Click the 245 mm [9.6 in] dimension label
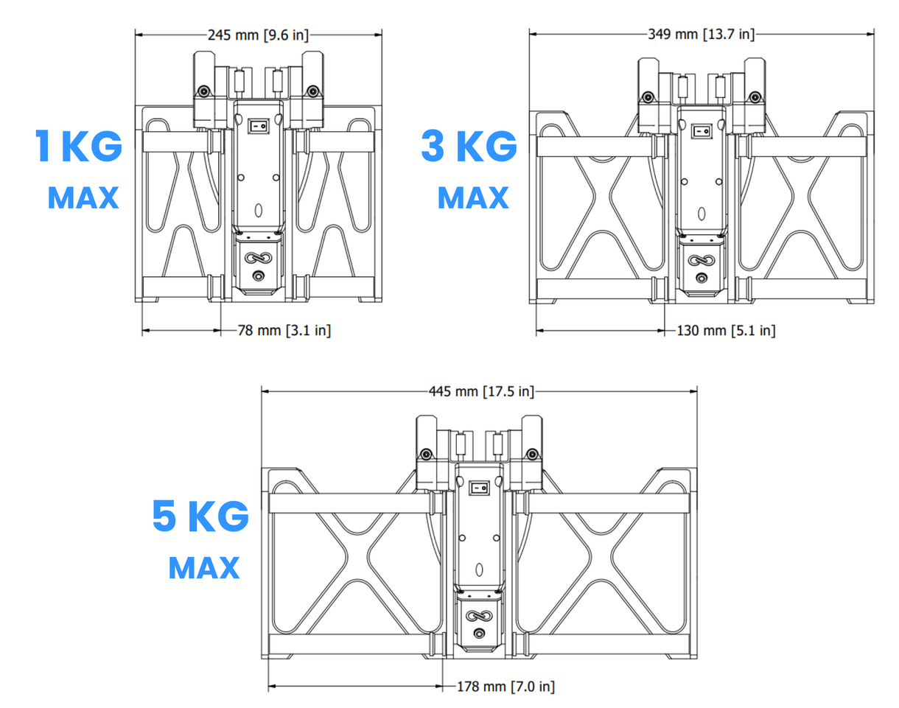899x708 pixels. click(258, 35)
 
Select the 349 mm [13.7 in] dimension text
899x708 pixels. click(701, 34)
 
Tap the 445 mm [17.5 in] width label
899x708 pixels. click(481, 391)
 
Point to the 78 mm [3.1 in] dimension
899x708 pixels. click(284, 330)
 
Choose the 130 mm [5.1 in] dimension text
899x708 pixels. click(726, 330)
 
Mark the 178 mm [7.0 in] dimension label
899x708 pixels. click(506, 687)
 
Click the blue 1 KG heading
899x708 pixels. click(79, 146)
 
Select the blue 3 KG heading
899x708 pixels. click(469, 146)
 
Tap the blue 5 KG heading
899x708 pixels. click(200, 516)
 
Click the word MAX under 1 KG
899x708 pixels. click(83, 197)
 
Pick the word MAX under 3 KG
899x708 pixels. click(473, 197)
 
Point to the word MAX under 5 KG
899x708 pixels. click(204, 568)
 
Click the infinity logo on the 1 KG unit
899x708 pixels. click(258, 258)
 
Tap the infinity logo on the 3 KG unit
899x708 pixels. click(702, 261)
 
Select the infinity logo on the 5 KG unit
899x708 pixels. click(479, 616)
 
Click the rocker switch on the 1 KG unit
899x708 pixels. click(258, 126)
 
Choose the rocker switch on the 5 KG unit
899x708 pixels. click(480, 488)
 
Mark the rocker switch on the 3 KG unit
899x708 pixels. click(702, 131)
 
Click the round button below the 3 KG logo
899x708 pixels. click(702, 278)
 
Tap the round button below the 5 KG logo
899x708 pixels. click(479, 634)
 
